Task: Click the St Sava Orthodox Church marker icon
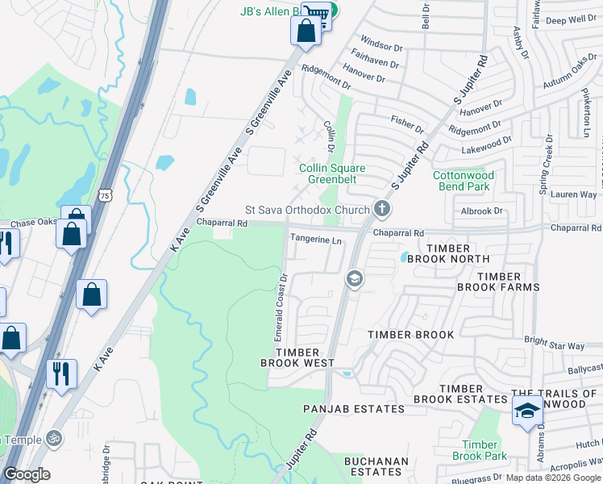(382, 210)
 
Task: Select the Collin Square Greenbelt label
(332, 174)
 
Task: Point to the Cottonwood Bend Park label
(462, 181)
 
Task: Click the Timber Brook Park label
(480, 450)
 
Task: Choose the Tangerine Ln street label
(317, 240)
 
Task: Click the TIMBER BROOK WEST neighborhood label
(297, 358)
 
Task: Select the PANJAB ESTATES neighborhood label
(354, 409)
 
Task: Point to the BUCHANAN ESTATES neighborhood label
(376, 467)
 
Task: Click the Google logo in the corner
(27, 474)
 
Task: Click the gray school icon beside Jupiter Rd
(353, 279)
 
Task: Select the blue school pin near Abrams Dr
(526, 411)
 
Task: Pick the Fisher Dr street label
(407, 123)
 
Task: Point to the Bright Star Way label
(555, 346)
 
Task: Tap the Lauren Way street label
(574, 194)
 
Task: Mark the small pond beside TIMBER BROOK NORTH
(403, 257)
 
